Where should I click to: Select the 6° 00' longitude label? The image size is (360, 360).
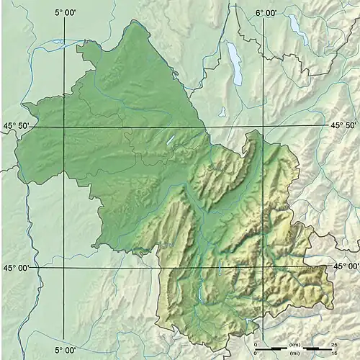tap(266, 12)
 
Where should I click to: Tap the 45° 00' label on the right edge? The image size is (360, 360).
tap(346, 266)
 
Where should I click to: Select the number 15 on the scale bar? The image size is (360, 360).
tap(333, 354)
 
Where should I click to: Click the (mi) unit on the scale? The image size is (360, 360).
tap(294, 354)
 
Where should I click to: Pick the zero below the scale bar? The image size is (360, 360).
tap(256, 354)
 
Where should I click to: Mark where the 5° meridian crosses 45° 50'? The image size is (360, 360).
tap(66, 127)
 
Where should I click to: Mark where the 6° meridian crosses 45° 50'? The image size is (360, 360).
tap(264, 127)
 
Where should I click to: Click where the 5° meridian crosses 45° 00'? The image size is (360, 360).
tap(66, 268)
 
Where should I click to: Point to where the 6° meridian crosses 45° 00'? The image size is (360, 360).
tap(264, 268)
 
